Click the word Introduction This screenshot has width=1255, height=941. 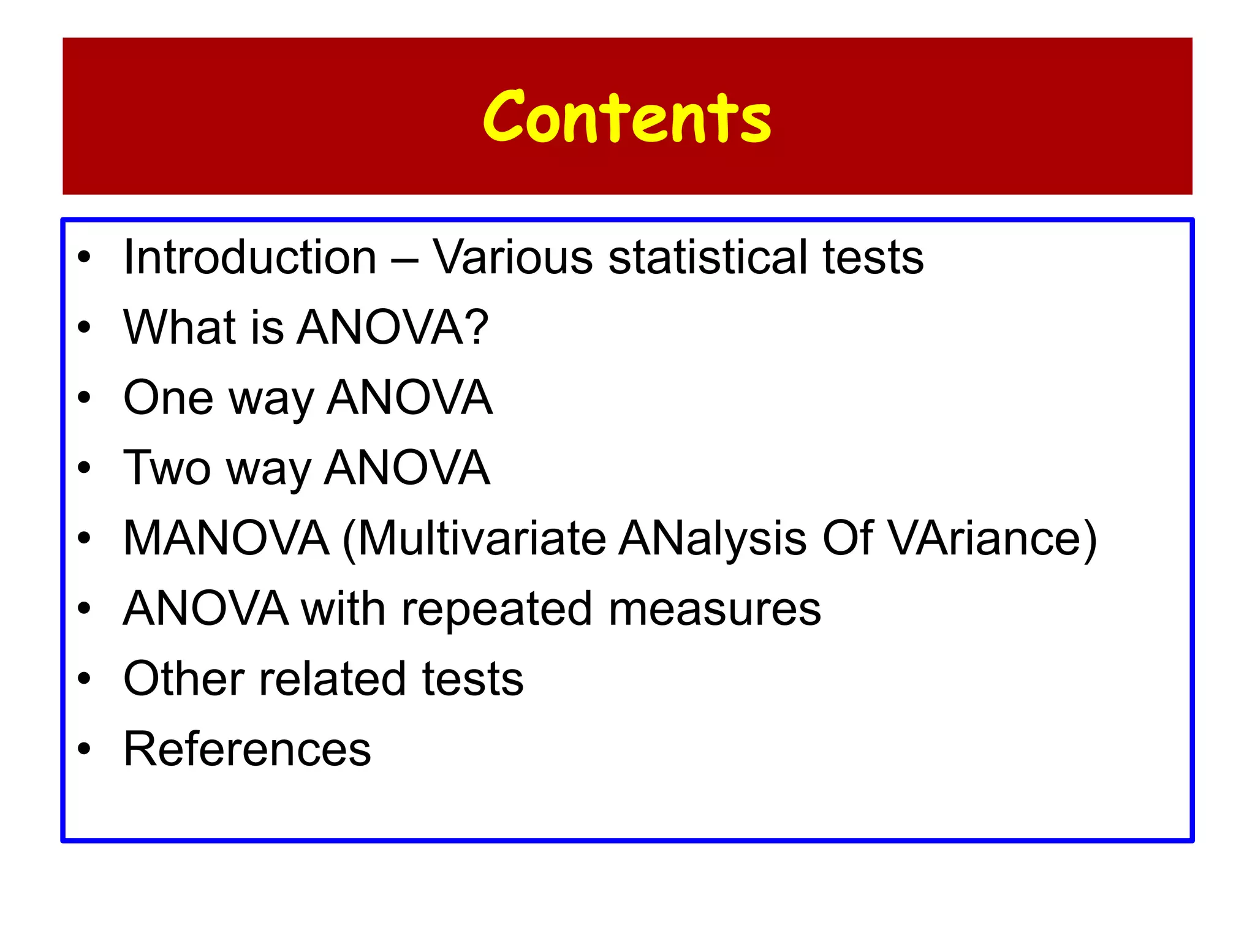[x=250, y=257]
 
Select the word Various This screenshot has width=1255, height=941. [x=513, y=257]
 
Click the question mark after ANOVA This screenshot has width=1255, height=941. [x=477, y=327]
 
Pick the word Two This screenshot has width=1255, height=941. [x=167, y=468]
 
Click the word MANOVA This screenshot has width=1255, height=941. [x=226, y=539]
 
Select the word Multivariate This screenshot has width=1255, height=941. [x=481, y=539]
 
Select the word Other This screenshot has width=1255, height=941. [x=183, y=679]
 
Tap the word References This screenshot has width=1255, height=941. [x=247, y=749]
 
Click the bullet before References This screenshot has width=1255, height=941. [x=84, y=749]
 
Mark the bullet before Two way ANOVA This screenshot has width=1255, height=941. [x=84, y=469]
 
